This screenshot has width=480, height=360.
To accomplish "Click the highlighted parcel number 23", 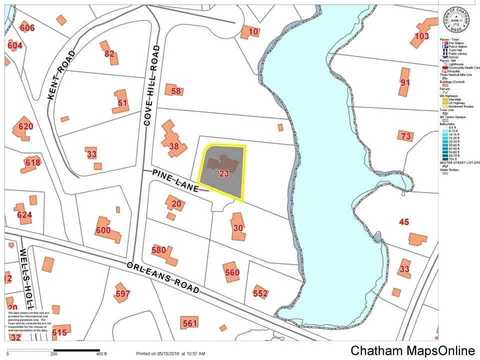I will point(224,174).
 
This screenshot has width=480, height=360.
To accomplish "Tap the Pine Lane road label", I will point(175,180).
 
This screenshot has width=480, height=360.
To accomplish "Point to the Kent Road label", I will point(62,75).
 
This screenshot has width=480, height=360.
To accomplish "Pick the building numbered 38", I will point(174,146).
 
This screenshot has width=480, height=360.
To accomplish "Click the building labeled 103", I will point(422,36).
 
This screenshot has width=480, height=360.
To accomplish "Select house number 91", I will point(405,82).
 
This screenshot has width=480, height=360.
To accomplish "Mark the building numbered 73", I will point(405,136).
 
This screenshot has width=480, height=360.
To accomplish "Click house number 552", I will point(260,293).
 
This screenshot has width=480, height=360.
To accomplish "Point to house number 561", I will point(190,323).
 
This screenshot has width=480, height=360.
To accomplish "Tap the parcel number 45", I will point(404,222).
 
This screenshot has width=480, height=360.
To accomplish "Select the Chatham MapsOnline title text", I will point(412,350).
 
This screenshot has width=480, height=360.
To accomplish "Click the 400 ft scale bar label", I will point(101,354).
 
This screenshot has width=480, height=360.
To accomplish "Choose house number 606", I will point(27,28).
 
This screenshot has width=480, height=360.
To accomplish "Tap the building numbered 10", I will point(253,32).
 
